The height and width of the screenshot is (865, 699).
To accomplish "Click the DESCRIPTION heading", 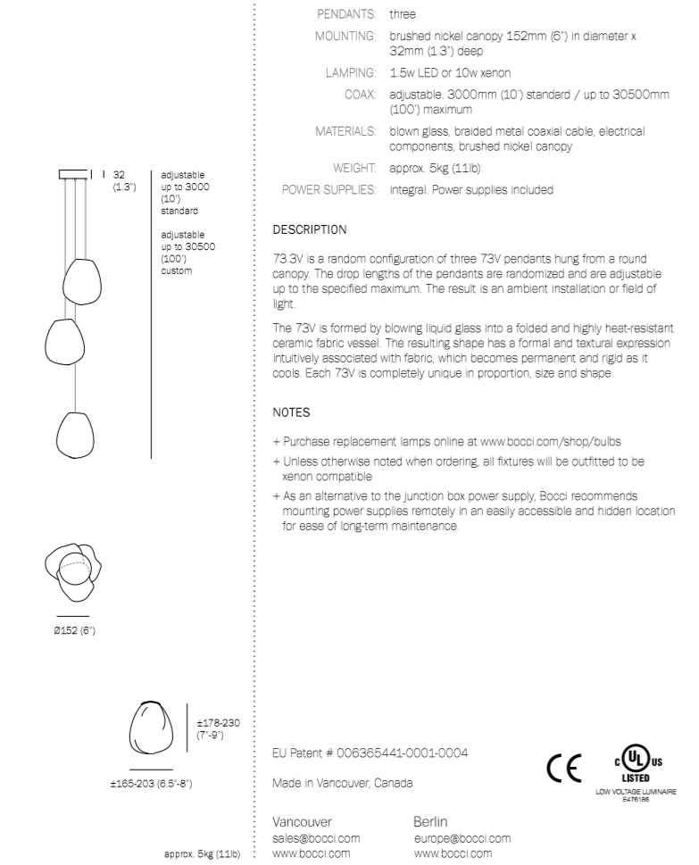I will (x=310, y=229).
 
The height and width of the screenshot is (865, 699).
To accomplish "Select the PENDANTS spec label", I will (x=349, y=14).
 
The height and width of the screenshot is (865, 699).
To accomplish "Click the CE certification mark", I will (x=565, y=768).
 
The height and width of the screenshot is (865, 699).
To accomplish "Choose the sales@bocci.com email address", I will (x=315, y=838).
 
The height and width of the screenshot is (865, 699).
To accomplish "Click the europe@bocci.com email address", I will (x=462, y=838).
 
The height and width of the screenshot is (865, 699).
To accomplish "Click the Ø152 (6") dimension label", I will (x=73, y=632).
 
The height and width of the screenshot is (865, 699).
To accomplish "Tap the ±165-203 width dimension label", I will (x=148, y=784).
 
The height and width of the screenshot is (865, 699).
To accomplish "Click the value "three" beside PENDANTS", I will (x=403, y=14).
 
